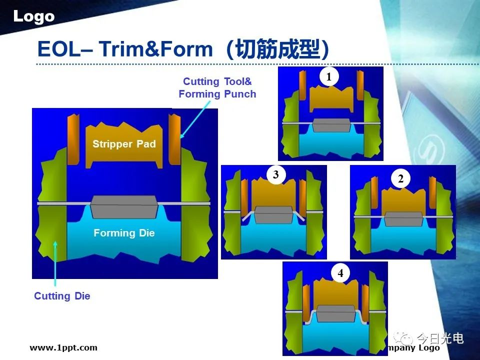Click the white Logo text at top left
pos(34,16)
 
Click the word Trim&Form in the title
pos(156,49)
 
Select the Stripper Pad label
pos(124,144)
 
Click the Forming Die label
pos(124,233)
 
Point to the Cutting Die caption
pos(62,296)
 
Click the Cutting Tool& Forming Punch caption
pos(217,87)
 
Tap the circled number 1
pos(329,76)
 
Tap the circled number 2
pos(400,178)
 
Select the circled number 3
pos(276,174)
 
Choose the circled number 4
pos(340,273)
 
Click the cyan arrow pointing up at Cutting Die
pos(55,263)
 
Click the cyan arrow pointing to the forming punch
pos(195,119)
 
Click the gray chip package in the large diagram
pos(124,207)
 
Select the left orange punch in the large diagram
pos(73,139)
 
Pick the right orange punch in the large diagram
pos(174,139)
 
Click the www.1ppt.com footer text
pos(63,348)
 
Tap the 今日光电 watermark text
pos(440,338)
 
